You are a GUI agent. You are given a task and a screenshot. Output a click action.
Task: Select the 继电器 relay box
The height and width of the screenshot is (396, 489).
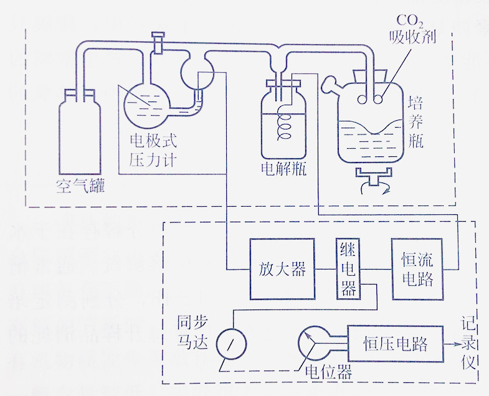pos(348,269)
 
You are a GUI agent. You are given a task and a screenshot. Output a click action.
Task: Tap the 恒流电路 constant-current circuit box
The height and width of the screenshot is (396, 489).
pos(417,270)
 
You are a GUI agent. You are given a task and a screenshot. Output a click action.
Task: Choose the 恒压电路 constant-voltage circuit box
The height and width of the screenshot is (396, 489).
pos(396,343)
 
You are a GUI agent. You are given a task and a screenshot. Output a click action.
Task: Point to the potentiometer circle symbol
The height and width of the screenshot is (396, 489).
pos(314,342)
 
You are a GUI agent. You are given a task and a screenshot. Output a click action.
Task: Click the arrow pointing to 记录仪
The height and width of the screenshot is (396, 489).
pos(452,343)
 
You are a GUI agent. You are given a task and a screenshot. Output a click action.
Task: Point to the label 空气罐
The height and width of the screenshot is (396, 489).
pos(80,186)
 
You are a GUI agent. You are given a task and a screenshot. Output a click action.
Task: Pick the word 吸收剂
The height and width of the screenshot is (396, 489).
pos(411,37)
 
